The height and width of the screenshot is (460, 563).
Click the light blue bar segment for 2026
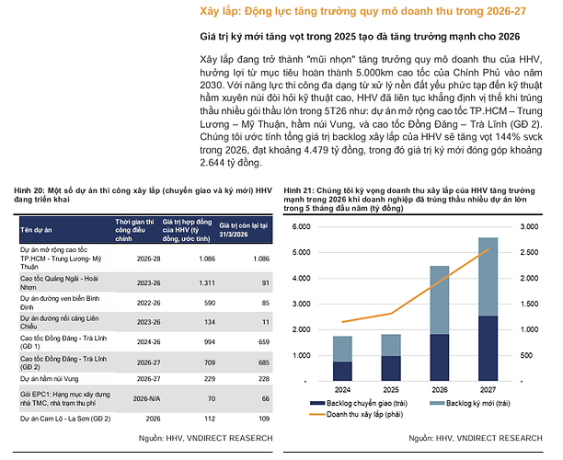click(x=440, y=300)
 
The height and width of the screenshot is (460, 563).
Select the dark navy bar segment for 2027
click(x=488, y=349)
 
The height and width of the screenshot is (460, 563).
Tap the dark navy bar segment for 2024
click(x=342, y=372)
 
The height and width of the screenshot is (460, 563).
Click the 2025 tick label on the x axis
click(x=391, y=389)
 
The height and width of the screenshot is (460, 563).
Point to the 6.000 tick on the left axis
click(x=301, y=226)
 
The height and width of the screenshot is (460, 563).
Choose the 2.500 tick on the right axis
click(x=529, y=252)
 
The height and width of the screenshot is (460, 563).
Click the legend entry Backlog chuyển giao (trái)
click(x=359, y=403)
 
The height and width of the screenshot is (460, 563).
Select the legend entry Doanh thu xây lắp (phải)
click(x=356, y=414)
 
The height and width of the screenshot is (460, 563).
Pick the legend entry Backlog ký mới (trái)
click(x=470, y=403)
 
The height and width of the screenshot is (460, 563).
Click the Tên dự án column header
click(x=36, y=230)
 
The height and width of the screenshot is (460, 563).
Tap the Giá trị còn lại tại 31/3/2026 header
click(x=244, y=230)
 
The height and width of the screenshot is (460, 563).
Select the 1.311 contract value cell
click(x=207, y=283)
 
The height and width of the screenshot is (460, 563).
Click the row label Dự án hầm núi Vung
click(x=49, y=379)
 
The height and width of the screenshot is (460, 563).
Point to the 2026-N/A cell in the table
click(x=146, y=398)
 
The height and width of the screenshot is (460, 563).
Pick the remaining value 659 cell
click(x=264, y=342)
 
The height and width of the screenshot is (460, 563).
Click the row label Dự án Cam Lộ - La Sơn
click(x=65, y=419)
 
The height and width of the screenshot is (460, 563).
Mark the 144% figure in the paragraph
click(x=507, y=137)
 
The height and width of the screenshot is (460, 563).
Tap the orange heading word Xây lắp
click(x=220, y=11)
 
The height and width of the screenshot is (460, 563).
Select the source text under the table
click(x=206, y=438)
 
